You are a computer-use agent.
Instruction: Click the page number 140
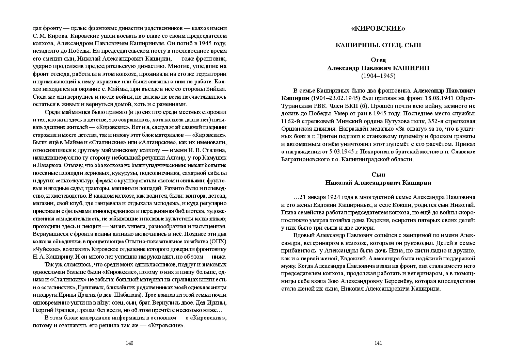[x=129, y=343]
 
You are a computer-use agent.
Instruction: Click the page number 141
[x=378, y=343]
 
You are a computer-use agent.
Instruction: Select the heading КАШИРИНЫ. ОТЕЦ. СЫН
[x=378, y=45]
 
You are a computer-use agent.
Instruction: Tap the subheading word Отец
[x=378, y=60]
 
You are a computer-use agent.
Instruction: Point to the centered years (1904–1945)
[x=378, y=76]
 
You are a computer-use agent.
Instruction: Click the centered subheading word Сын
[x=378, y=175]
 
